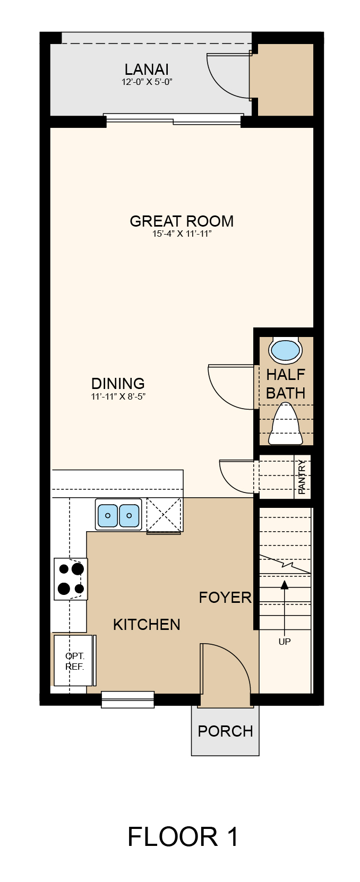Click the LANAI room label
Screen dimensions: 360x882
pos(147,70)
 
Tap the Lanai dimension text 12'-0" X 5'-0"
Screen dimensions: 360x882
pos(147,82)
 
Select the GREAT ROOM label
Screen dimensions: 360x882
pos(182,221)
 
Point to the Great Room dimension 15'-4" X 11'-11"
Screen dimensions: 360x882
pos(182,234)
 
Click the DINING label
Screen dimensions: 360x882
pos(118,384)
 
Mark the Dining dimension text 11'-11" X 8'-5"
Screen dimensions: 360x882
pos(118,396)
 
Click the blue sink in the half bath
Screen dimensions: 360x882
pos(285,350)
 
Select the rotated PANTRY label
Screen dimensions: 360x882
pos(302,477)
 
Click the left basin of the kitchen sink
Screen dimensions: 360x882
pos(108,515)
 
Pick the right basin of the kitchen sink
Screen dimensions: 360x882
pos(129,515)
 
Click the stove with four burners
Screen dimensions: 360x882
pos(71,579)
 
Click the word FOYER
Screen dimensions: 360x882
pos(225,598)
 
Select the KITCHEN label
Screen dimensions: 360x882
pos(147,625)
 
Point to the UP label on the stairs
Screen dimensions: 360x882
pos(285,642)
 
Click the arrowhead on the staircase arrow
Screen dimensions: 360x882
pos(285,584)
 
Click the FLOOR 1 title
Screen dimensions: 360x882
pos(183,837)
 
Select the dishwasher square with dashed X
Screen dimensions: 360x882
pos(164,515)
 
